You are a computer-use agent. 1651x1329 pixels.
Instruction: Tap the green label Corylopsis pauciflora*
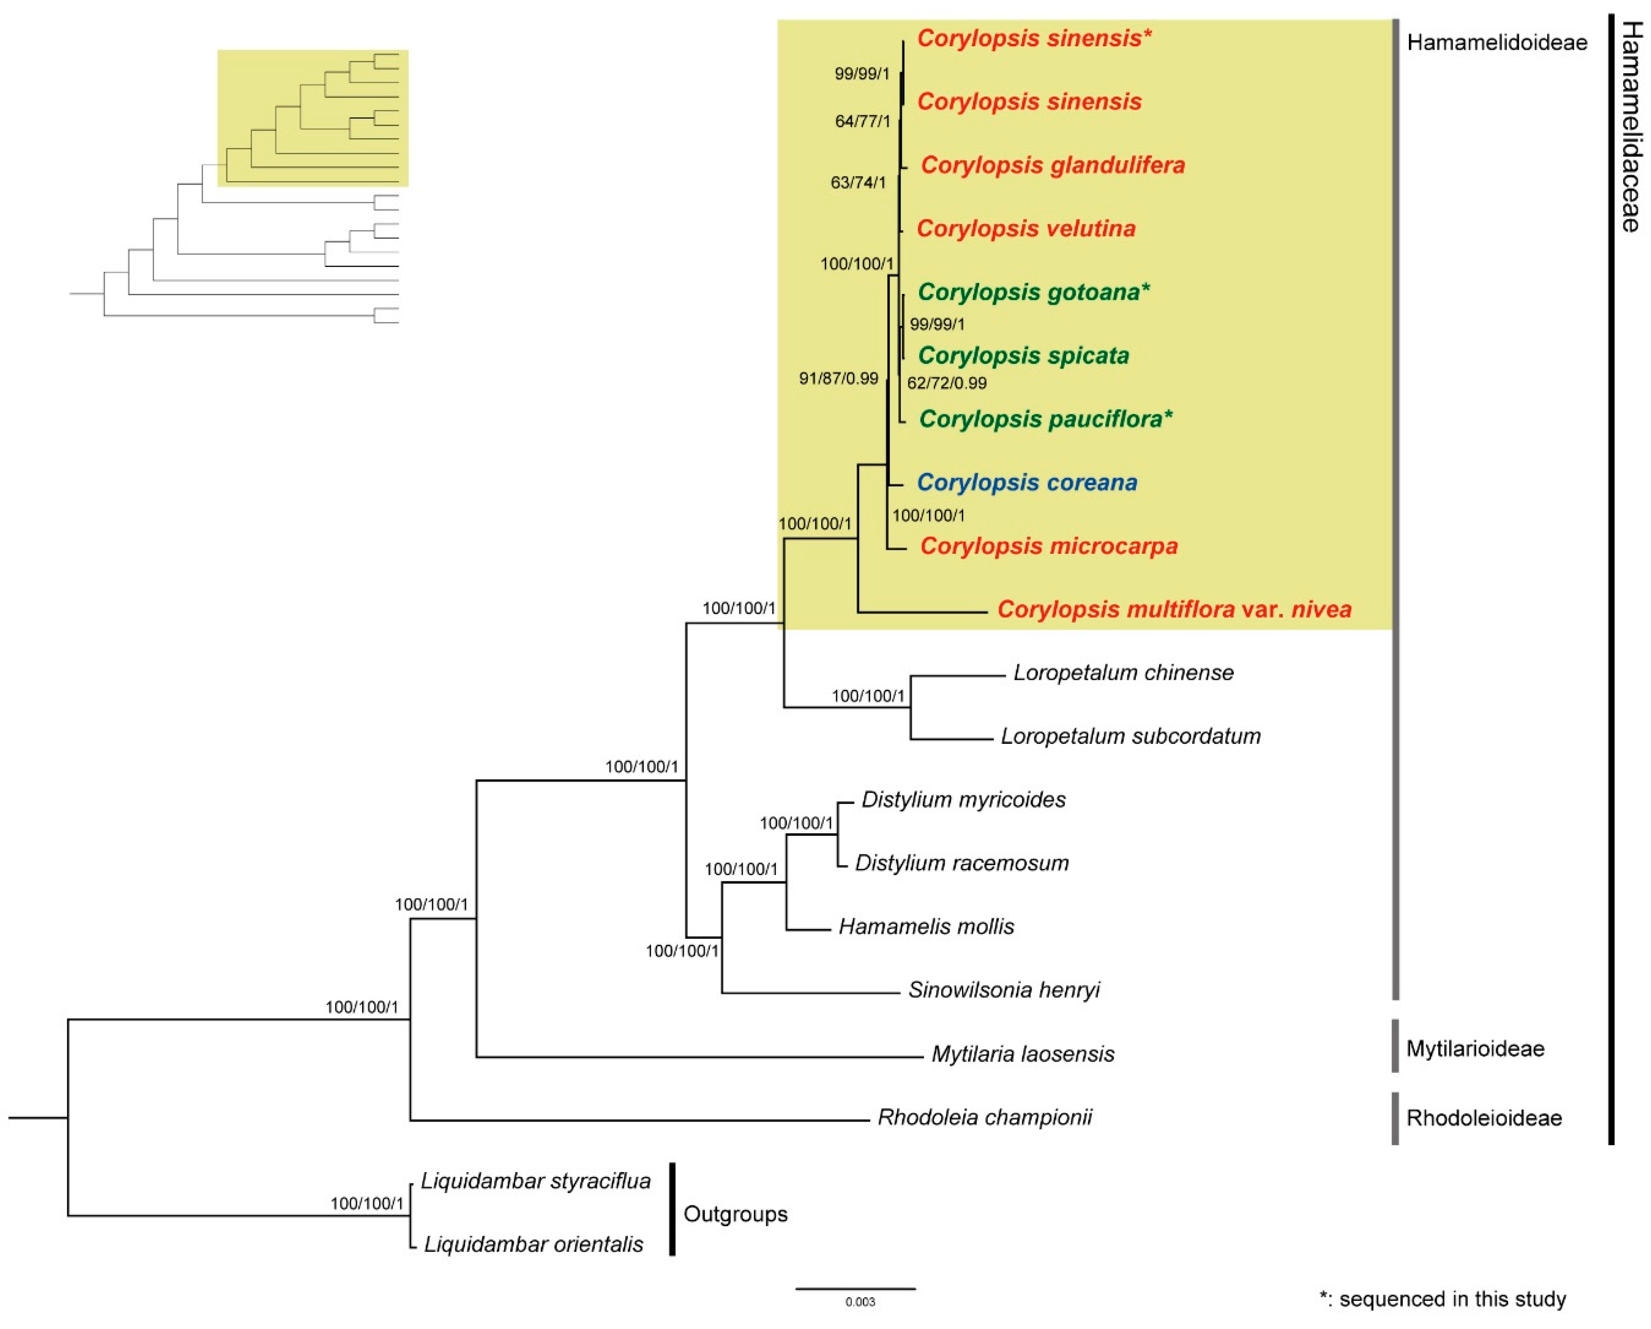(x=1045, y=419)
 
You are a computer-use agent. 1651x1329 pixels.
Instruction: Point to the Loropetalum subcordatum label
(x=1130, y=736)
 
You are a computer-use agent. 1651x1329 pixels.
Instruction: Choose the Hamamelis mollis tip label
(x=926, y=927)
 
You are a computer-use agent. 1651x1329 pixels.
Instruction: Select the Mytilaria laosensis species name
(x=1022, y=1054)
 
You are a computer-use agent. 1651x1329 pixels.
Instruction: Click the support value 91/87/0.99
(x=838, y=378)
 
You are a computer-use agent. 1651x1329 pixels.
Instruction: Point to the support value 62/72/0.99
(x=947, y=383)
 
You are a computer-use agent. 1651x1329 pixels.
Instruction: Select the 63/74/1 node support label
(x=858, y=183)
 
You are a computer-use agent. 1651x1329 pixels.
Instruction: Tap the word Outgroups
(x=735, y=1214)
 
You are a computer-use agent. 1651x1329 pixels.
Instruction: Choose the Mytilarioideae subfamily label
(x=1475, y=1049)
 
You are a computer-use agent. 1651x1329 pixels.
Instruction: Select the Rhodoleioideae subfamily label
(x=1483, y=1118)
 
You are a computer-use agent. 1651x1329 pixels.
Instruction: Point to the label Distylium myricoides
(x=963, y=800)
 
